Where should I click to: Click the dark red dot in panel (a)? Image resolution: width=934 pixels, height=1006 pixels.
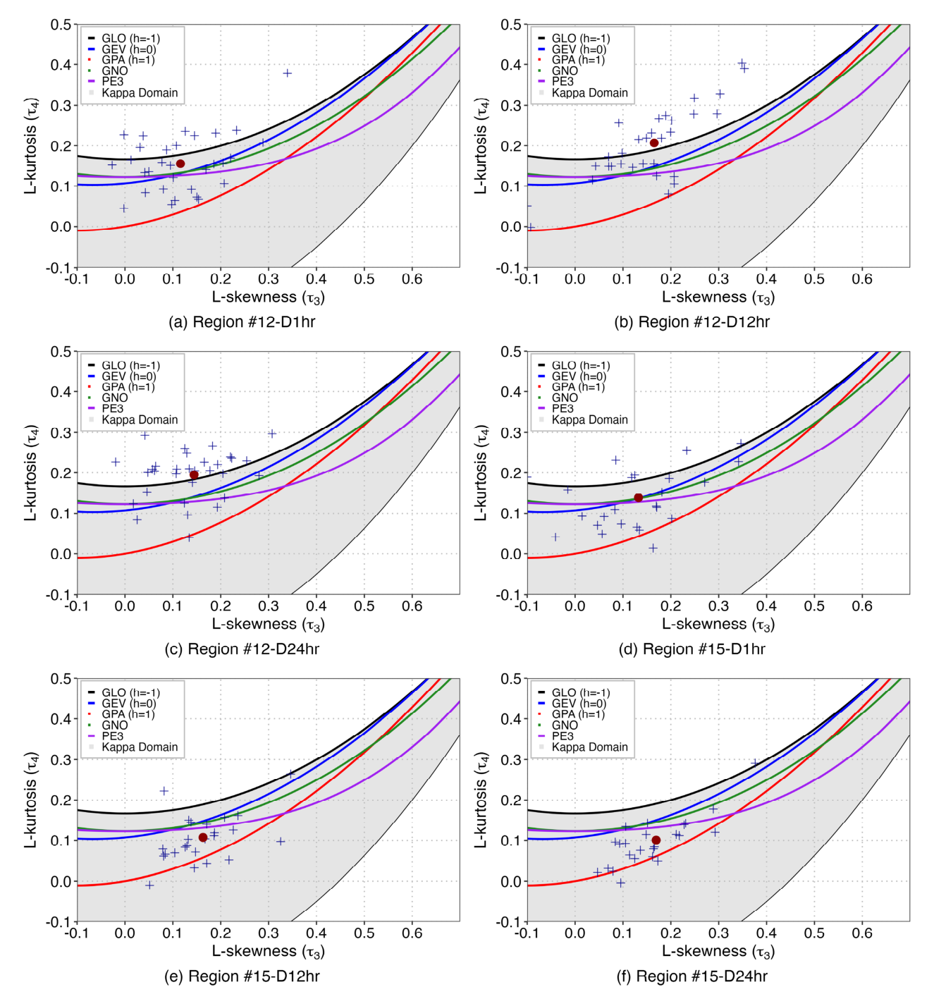[x=180, y=164]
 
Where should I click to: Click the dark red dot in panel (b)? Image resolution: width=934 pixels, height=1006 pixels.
[x=654, y=143]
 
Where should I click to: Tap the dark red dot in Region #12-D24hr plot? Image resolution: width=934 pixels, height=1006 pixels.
[x=194, y=475]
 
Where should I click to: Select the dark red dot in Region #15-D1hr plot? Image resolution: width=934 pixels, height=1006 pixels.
[x=639, y=498]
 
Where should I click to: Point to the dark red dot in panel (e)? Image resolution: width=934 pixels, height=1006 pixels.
[x=203, y=838]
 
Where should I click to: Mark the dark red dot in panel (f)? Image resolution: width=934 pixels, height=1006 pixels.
[x=656, y=840]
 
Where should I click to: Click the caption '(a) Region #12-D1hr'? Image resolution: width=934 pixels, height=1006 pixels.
[x=242, y=322]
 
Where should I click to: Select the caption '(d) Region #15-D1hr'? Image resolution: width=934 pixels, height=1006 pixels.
[x=692, y=649]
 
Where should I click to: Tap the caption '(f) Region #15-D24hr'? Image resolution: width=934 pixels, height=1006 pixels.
[x=692, y=976]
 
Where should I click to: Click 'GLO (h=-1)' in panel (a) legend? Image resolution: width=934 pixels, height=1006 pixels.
[x=130, y=39]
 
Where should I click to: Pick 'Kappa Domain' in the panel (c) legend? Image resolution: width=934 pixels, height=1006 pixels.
[x=140, y=420]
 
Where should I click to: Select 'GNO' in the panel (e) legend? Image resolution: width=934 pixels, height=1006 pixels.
[x=115, y=725]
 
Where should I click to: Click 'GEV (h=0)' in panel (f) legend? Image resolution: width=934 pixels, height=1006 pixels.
[x=579, y=704]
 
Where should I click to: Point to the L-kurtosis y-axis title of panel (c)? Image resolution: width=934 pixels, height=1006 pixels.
[x=31, y=473]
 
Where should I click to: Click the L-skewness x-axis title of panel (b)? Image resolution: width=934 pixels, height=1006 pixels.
[x=718, y=297]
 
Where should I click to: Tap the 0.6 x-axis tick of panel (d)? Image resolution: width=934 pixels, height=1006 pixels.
[x=862, y=606]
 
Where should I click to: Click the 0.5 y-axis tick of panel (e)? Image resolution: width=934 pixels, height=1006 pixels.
[x=61, y=679]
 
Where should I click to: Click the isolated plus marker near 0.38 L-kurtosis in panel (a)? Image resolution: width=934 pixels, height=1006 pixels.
[x=288, y=73]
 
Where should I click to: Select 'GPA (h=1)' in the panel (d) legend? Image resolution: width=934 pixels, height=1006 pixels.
[x=578, y=387]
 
